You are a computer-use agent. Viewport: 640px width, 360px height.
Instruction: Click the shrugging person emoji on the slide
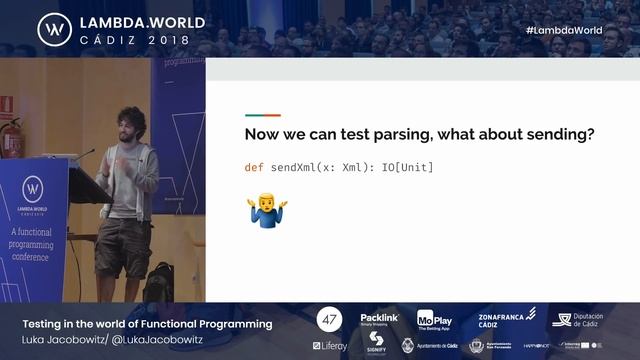268,212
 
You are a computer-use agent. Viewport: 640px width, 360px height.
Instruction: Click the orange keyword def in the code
255,167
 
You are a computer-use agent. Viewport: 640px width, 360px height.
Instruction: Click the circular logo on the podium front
32,189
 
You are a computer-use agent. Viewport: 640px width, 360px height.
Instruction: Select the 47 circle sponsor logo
329,320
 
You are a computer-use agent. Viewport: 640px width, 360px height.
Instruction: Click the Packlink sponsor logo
379,319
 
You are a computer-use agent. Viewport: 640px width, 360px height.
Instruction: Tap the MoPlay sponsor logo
434,319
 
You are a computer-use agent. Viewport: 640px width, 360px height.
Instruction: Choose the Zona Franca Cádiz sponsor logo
502,318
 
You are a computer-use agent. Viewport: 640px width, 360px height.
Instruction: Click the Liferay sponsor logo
330,346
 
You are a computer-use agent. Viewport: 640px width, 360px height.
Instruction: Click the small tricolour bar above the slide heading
263,115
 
